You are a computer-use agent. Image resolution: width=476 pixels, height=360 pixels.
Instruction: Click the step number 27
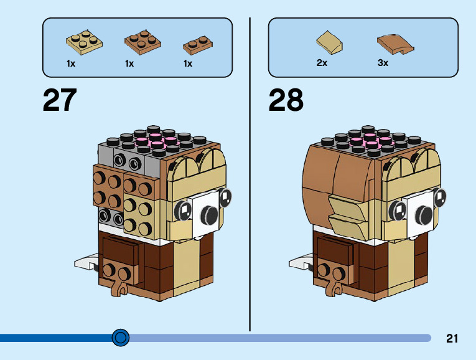(x=60, y=100)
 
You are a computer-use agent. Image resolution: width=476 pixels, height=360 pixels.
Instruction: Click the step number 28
(x=286, y=100)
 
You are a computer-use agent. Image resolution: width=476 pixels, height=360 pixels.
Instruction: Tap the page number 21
(x=452, y=339)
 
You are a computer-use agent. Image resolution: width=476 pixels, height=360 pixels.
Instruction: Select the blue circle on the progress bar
(x=121, y=338)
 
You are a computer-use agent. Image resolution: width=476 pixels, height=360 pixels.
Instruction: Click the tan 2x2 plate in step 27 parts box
(x=85, y=41)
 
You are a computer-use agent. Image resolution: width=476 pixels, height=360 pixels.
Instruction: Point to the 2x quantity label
(x=322, y=63)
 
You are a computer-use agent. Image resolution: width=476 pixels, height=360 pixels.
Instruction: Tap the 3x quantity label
(x=383, y=63)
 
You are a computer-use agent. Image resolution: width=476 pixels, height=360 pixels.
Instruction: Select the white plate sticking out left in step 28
(x=300, y=262)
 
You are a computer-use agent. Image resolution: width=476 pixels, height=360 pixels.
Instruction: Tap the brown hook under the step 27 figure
(x=119, y=287)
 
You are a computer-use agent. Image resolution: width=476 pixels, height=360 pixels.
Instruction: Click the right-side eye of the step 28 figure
(x=441, y=197)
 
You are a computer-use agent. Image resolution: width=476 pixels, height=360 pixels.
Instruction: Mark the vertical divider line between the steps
(x=250, y=174)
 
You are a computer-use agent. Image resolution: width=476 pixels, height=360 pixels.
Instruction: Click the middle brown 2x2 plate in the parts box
(x=142, y=41)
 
